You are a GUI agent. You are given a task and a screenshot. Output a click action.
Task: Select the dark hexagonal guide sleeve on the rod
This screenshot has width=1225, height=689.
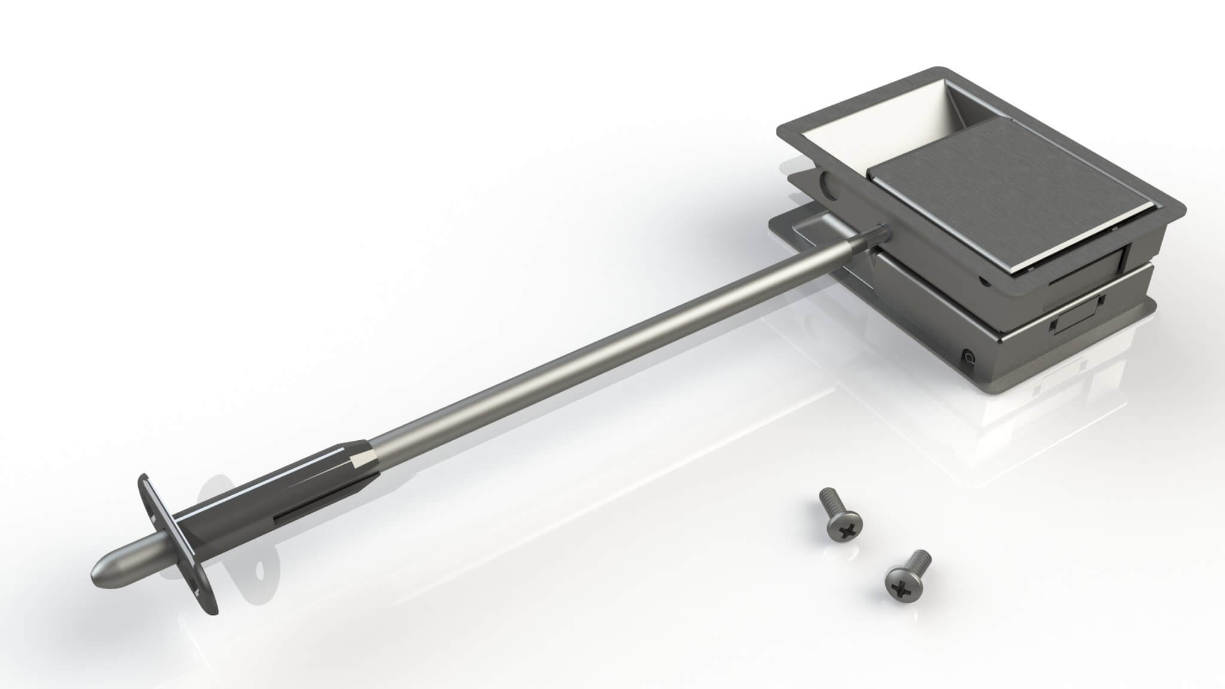click(x=281, y=490)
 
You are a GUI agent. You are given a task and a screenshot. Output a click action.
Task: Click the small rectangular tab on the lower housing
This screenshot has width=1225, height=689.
click(x=1071, y=324)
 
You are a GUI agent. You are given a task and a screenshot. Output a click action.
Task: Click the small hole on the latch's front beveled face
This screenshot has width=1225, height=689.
click(x=980, y=279)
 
